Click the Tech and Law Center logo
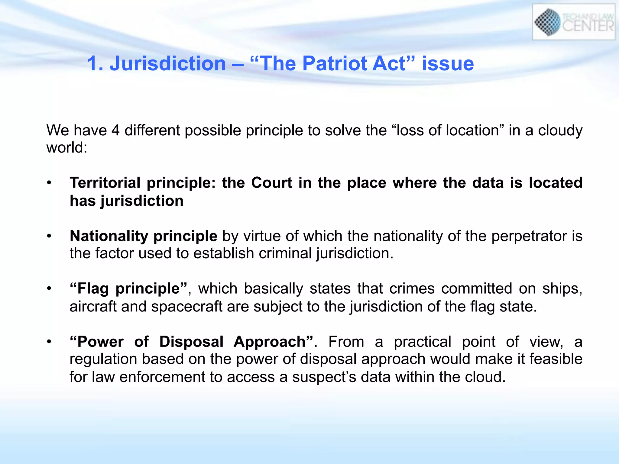(573, 22)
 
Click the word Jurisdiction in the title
(167, 64)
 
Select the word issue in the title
(448, 64)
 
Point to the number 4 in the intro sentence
(115, 130)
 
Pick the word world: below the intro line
(66, 148)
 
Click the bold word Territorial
(105, 183)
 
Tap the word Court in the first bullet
(272, 183)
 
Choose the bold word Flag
(93, 289)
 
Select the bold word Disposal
(191, 342)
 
